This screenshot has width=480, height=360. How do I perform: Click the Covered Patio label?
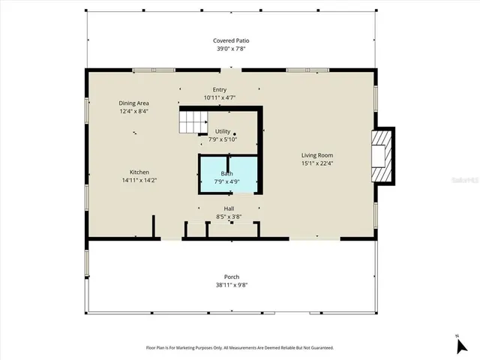tap(229, 40)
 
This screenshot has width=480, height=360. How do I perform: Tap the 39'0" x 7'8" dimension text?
tap(229, 49)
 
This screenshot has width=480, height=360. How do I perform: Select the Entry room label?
tap(219, 90)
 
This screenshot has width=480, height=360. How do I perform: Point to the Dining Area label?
tap(133, 103)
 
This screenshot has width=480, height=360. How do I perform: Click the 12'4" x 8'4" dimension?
tap(133, 111)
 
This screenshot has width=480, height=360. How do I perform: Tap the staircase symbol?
tap(191, 120)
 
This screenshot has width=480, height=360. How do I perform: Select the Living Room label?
tap(316, 155)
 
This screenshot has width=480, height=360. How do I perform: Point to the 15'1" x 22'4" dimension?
tap(316, 163)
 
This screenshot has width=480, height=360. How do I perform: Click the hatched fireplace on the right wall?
tap(383, 155)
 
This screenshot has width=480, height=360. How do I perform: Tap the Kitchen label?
tap(139, 172)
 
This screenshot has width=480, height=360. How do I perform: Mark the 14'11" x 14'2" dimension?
tap(139, 180)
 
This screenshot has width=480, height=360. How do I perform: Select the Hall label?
tap(229, 208)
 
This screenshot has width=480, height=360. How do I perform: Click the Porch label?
tap(231, 277)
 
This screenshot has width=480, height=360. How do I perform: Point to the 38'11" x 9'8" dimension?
tap(231, 285)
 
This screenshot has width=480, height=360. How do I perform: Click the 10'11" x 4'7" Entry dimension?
tap(219, 98)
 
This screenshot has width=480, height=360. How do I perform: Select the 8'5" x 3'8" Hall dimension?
tap(229, 217)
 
